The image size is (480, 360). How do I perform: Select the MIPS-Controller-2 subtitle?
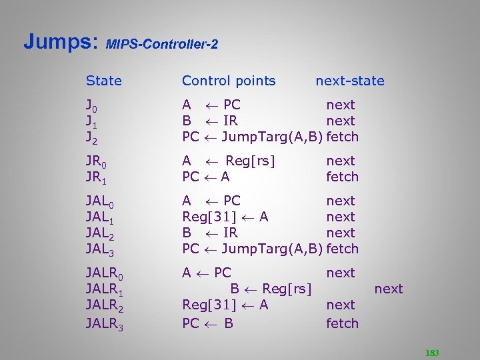(x=162, y=45)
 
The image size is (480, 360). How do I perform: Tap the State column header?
(x=104, y=81)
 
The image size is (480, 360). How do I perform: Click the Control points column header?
(x=229, y=81)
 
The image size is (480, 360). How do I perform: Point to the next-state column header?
(x=350, y=81)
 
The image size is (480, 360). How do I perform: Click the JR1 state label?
(x=97, y=177)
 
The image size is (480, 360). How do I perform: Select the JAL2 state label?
(x=101, y=233)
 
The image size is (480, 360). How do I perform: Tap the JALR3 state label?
(x=105, y=324)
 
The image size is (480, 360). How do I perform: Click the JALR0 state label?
(x=105, y=273)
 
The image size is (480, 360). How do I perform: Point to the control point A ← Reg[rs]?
(x=229, y=161)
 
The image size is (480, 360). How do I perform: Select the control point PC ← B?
(x=207, y=323)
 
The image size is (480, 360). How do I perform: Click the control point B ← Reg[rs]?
(x=271, y=289)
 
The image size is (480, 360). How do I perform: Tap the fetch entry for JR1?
(x=342, y=177)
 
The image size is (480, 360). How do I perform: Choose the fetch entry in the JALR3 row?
(x=342, y=323)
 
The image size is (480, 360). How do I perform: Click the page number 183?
(x=433, y=353)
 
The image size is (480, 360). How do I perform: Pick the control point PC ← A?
(x=206, y=177)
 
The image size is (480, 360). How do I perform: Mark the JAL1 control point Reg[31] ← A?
(x=225, y=217)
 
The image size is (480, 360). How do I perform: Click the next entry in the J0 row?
(x=340, y=105)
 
